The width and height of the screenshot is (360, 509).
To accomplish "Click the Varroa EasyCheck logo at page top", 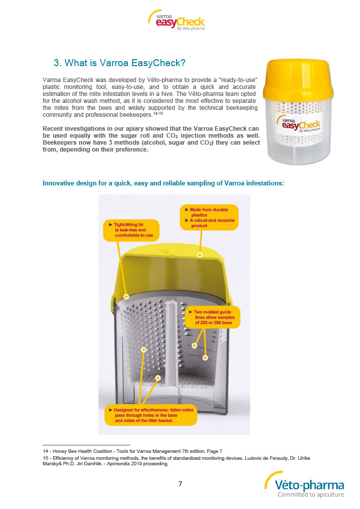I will coord(177,20).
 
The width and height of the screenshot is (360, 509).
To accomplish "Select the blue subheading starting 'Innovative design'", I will coord(163,183).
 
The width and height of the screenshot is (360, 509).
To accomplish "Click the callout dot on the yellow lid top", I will coord(200,254).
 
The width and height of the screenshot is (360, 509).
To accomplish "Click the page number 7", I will coord(180,484).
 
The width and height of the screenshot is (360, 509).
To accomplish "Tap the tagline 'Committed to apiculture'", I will coord(310,495).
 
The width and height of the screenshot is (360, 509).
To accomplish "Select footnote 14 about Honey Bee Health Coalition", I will coord(132,450).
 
